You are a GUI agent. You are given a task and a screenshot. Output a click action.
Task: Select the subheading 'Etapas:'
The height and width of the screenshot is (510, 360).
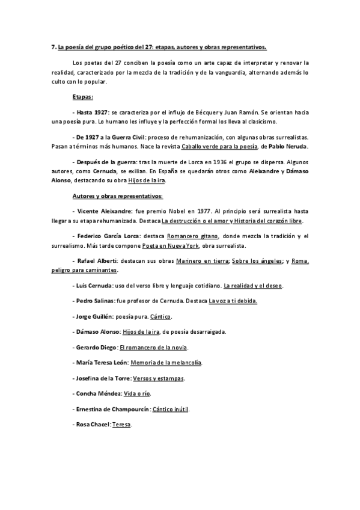tap(82, 96)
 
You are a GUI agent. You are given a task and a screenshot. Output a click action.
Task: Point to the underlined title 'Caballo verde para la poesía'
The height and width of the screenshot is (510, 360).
tap(224, 146)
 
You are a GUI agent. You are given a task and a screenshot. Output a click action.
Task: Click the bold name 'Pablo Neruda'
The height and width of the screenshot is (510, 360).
tap(288, 146)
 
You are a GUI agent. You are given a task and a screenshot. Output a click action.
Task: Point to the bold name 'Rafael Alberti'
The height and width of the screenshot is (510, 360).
tap(98, 261)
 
